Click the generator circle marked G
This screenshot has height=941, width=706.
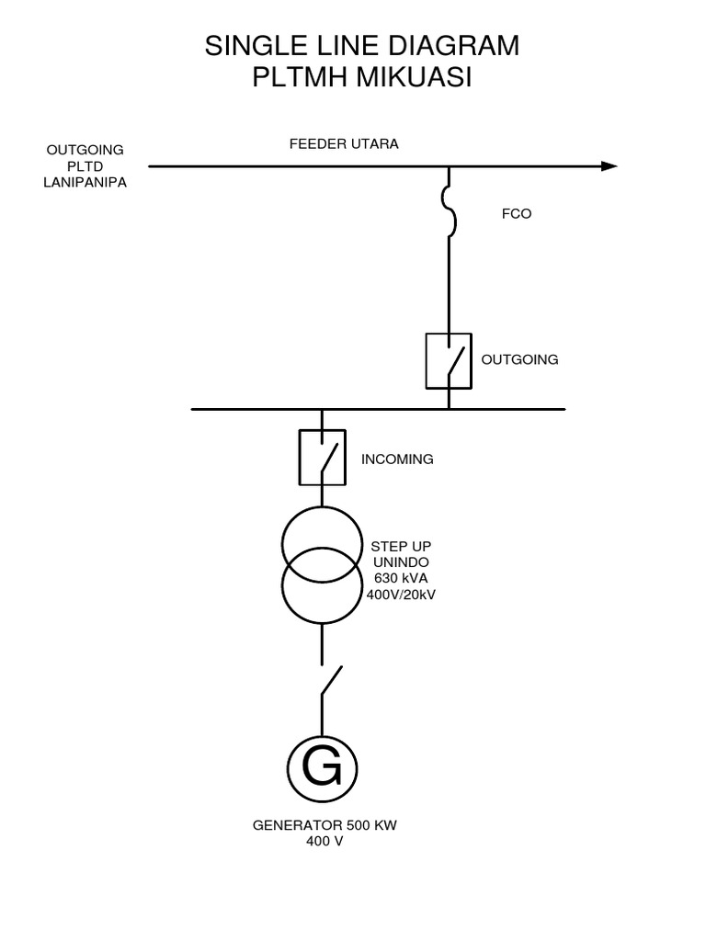322,767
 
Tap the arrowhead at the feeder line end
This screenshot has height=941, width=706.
609,166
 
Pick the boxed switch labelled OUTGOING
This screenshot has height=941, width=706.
449,359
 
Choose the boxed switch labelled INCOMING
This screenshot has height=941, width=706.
322,457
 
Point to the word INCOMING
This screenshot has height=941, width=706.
397,459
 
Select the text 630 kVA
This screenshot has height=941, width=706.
401,579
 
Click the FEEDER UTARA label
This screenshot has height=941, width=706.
344,144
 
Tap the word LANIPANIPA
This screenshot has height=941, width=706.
85,182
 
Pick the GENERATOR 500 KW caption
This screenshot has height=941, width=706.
325,825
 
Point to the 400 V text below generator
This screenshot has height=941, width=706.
325,841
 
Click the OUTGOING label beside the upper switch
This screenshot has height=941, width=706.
520,359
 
